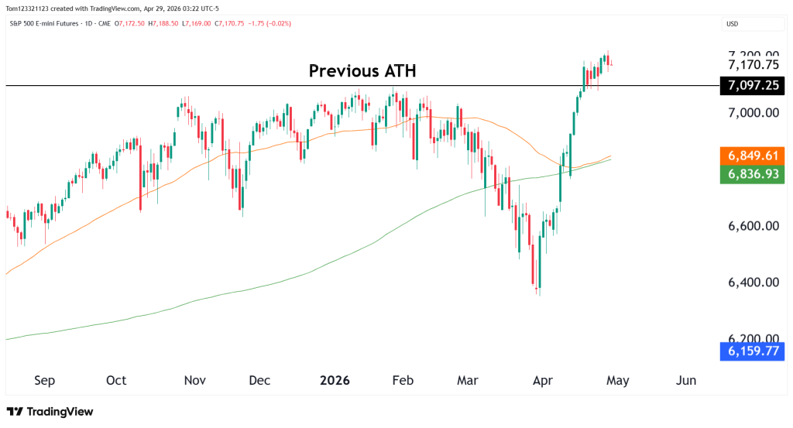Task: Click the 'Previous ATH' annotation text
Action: click(362, 71)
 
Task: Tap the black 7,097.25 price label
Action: click(753, 86)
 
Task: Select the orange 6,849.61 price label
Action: click(753, 154)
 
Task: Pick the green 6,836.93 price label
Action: click(753, 175)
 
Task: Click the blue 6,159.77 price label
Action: click(753, 351)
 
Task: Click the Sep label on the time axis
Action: click(45, 381)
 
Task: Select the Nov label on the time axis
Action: click(195, 381)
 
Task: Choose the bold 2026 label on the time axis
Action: click(335, 381)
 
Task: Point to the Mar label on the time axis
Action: click(468, 381)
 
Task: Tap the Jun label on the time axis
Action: click(685, 381)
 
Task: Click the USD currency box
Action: click(732, 24)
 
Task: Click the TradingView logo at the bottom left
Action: click(50, 412)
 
